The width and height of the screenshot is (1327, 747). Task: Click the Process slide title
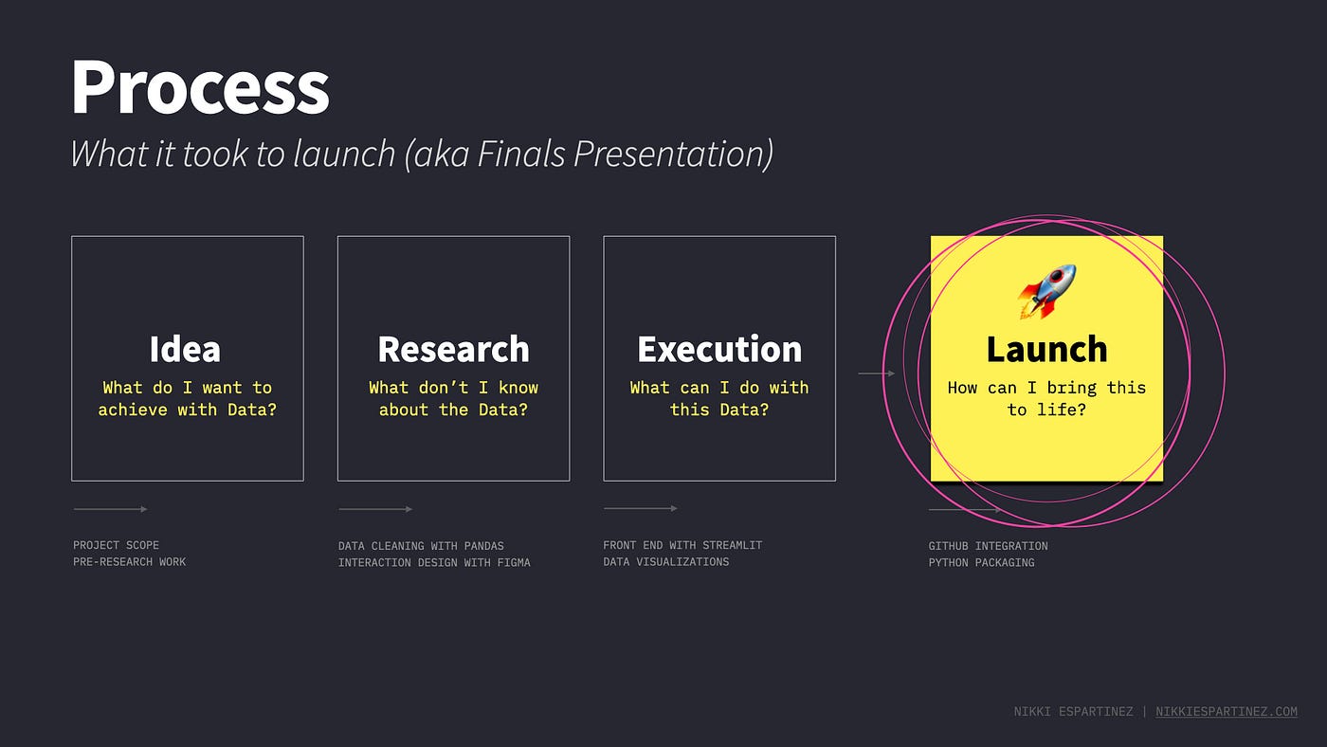[x=200, y=87]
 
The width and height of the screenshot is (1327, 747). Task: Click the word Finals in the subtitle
[x=521, y=154]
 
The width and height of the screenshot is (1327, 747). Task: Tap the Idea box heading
[x=185, y=349]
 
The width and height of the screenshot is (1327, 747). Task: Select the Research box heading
[x=454, y=349]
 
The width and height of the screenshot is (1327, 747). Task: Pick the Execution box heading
[x=719, y=349]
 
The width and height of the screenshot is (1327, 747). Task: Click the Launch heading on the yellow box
[x=1046, y=349]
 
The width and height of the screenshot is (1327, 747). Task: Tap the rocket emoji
[x=1046, y=291]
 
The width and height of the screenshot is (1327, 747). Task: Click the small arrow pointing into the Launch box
[x=876, y=373]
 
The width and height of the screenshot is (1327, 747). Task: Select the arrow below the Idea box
[x=110, y=509]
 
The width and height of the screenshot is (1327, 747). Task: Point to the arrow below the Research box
[x=375, y=509]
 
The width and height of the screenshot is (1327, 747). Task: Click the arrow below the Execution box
[x=641, y=508]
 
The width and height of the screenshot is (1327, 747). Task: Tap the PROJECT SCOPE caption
[x=116, y=545]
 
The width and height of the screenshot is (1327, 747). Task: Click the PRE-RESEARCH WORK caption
[x=130, y=561]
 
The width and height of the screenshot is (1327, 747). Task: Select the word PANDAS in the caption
[x=484, y=546]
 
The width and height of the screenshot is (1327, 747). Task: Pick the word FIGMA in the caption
[x=514, y=562]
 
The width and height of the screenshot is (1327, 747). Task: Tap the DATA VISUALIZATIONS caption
[x=665, y=561]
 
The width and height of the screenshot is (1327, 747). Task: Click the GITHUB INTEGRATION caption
[x=988, y=546]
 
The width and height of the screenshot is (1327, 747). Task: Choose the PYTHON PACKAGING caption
[x=982, y=562]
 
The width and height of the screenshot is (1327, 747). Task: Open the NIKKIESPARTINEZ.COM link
[x=1227, y=712]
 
